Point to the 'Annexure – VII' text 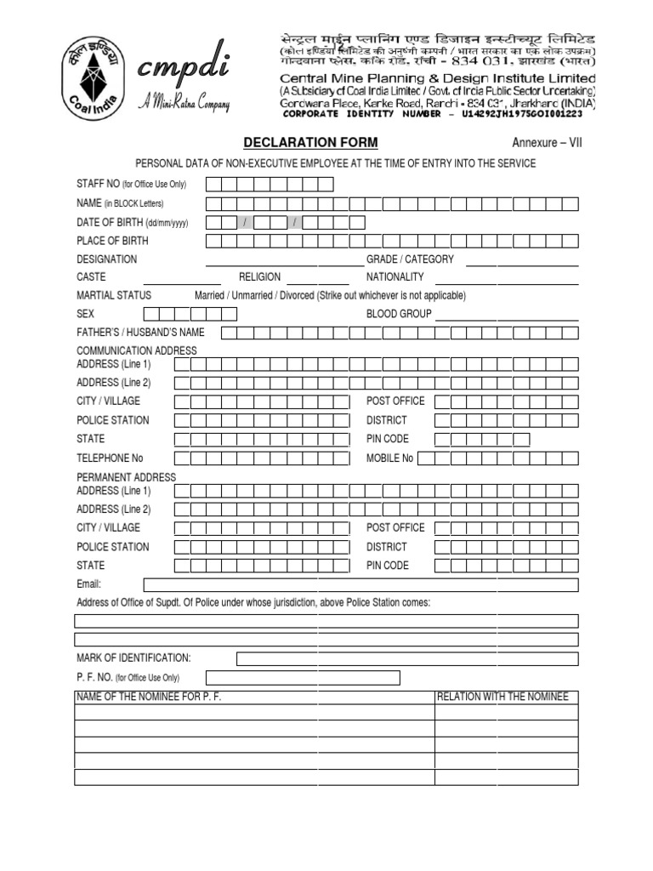546,142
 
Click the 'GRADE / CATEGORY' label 410,259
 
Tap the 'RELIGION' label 259,277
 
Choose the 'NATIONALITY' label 395,277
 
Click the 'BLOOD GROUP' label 399,314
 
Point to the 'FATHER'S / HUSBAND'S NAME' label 140,333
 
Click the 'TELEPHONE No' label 110,458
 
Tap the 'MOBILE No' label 389,458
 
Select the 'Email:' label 89,584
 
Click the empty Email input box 361,584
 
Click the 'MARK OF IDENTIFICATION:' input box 406,658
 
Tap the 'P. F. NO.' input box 290,677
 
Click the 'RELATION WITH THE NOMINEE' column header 502,697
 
